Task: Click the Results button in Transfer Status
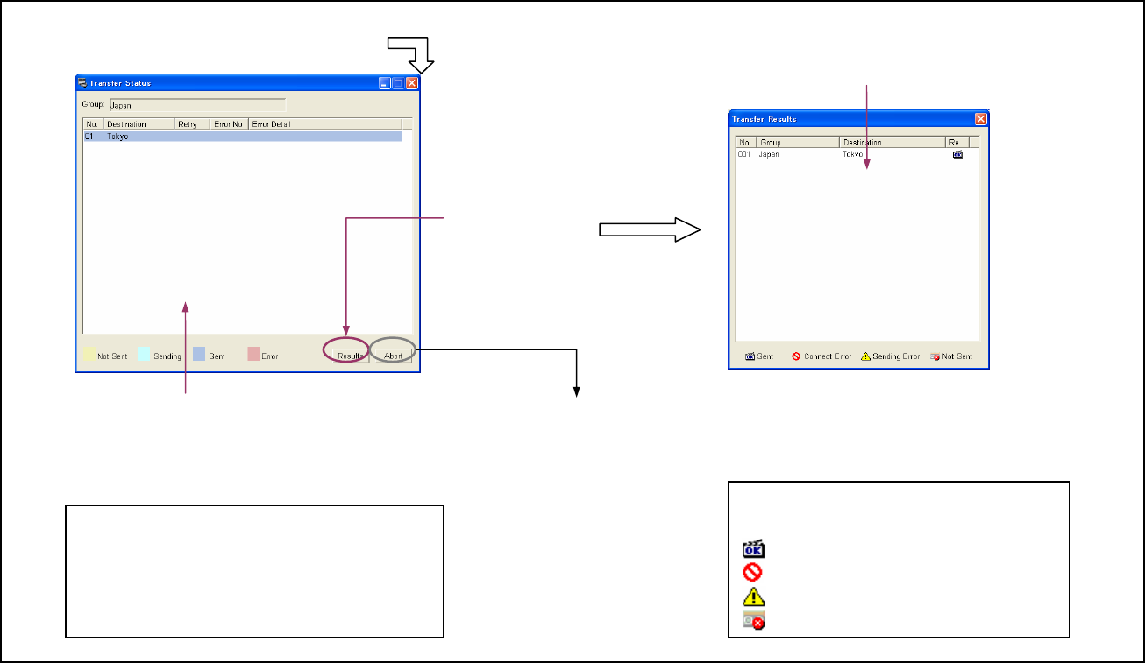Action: (350, 356)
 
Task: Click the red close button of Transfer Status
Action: (412, 83)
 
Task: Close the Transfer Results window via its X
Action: (981, 118)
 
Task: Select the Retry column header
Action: (188, 124)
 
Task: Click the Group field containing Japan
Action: (197, 105)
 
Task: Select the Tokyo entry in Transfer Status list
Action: (118, 137)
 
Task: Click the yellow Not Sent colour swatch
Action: (89, 356)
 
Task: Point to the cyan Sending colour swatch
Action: (145, 356)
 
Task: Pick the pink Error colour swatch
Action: (253, 356)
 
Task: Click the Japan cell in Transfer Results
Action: (770, 154)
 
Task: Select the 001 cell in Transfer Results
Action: (744, 154)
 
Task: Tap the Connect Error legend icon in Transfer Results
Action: (796, 356)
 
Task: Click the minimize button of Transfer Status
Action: (385, 83)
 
